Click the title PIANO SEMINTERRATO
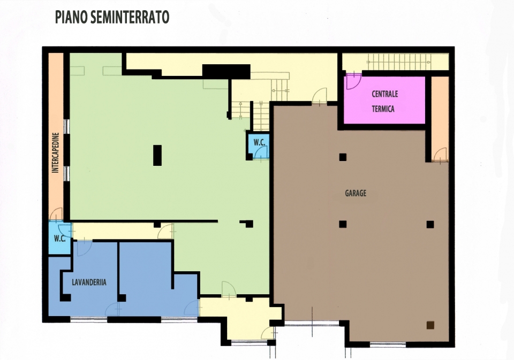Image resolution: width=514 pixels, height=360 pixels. click(x=112, y=17)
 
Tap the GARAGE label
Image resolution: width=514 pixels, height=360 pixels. click(x=356, y=193)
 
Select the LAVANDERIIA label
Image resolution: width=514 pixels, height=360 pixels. click(x=89, y=282)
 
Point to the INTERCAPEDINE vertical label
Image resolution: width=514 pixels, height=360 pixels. click(x=55, y=152)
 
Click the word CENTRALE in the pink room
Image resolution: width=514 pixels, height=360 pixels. click(x=385, y=94)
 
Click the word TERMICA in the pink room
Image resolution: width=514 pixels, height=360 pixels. click(x=383, y=109)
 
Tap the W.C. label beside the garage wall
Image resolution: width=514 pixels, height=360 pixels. click(x=259, y=143)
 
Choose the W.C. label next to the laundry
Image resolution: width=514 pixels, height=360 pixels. click(x=59, y=239)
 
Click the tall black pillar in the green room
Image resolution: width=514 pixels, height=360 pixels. click(x=157, y=155)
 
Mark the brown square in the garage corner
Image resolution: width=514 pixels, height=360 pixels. click(x=430, y=325)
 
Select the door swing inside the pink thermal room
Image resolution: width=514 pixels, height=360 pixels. click(x=354, y=81)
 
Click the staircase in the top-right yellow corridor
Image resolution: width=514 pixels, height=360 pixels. click(x=399, y=62)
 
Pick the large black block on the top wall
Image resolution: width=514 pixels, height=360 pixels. click(x=226, y=72)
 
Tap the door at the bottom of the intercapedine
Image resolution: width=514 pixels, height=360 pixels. click(x=56, y=215)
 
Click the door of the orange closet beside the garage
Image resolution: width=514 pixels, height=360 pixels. click(x=440, y=155)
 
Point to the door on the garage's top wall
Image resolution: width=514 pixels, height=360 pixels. click(x=320, y=96)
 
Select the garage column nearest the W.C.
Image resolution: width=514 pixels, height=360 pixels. click(x=343, y=157)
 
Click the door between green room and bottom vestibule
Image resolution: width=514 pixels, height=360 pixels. click(x=229, y=289)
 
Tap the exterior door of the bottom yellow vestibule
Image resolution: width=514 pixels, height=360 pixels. click(x=268, y=333)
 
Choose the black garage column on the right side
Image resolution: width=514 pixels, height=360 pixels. click(x=430, y=224)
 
